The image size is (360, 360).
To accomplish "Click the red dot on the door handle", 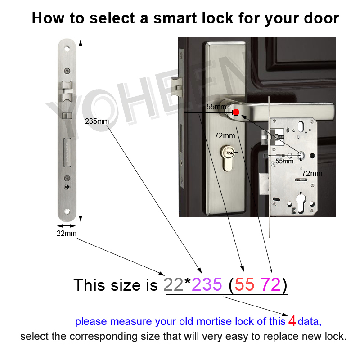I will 236,112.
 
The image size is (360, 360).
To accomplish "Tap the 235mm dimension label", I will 97,121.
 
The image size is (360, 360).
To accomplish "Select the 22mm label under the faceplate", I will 67,233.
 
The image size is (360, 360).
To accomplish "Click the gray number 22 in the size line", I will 174,284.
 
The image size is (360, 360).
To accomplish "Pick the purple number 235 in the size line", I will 207,284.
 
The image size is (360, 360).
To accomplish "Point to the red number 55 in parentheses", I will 245,284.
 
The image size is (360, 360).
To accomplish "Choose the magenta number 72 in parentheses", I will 270,284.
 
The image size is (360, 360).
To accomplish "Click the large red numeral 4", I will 292,321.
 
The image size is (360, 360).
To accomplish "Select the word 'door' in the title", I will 320,18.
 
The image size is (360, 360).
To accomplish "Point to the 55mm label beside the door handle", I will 216,107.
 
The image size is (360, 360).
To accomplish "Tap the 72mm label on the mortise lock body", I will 312,173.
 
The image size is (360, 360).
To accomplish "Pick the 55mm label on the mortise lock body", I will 284,161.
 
